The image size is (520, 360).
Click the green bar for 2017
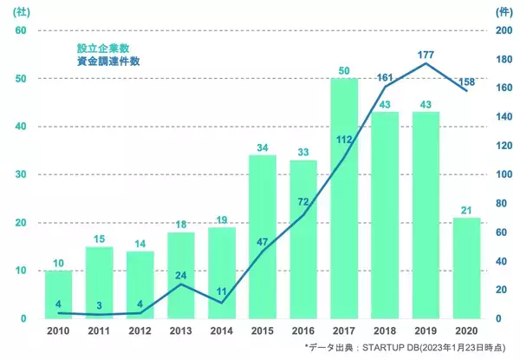(x=344, y=199)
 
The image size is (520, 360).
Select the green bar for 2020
(x=467, y=268)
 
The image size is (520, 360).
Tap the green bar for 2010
(x=58, y=295)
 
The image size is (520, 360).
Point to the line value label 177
(x=426, y=55)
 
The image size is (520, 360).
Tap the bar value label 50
(x=344, y=69)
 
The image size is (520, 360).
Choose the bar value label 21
(x=467, y=210)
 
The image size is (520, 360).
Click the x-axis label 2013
(x=180, y=331)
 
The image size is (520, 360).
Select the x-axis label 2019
(x=426, y=331)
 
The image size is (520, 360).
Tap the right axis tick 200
(x=503, y=30)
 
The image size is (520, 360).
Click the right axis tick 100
(x=503, y=174)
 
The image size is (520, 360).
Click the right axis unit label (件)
(x=502, y=12)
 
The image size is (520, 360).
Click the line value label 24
(x=180, y=277)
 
